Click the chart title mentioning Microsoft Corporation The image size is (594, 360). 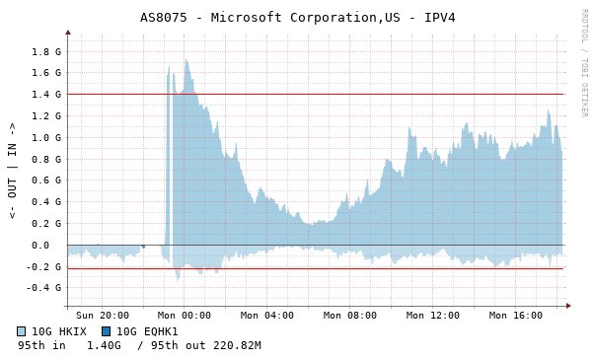(297, 18)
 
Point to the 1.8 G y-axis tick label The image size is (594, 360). (46, 51)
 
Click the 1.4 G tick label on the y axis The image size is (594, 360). (46, 94)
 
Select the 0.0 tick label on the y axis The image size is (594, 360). (40, 246)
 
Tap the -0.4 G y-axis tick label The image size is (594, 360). (43, 288)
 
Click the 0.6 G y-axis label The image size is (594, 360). (46, 180)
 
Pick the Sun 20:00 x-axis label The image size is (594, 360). (103, 316)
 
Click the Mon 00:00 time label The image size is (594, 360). (185, 316)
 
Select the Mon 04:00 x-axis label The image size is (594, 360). (267, 316)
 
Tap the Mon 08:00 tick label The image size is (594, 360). (350, 316)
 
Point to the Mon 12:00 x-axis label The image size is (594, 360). (432, 316)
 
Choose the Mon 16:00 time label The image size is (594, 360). (516, 316)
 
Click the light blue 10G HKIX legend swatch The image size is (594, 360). (22, 331)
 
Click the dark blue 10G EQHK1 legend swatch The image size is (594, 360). (107, 331)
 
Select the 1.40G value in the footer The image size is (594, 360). (104, 345)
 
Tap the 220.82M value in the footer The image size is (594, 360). (237, 345)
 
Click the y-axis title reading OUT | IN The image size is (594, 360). (12, 171)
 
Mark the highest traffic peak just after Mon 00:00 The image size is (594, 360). (186, 60)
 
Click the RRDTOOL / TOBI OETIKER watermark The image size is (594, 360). (584, 63)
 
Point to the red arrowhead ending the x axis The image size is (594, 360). (568, 306)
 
